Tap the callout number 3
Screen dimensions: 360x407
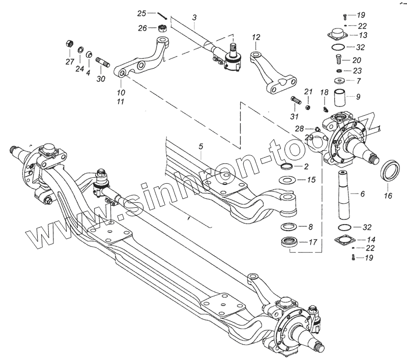[x=194, y=18]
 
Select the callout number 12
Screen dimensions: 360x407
[x=255, y=37]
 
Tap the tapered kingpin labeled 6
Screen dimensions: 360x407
[x=346, y=196]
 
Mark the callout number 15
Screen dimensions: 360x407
[x=312, y=180]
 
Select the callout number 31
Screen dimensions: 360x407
[x=294, y=116]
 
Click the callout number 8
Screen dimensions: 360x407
[x=311, y=227]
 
